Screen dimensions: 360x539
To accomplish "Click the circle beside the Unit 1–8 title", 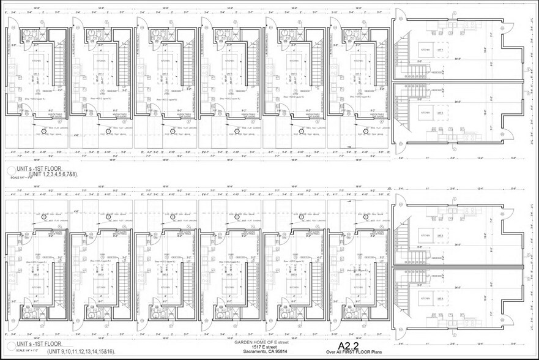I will [x=8, y=171].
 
